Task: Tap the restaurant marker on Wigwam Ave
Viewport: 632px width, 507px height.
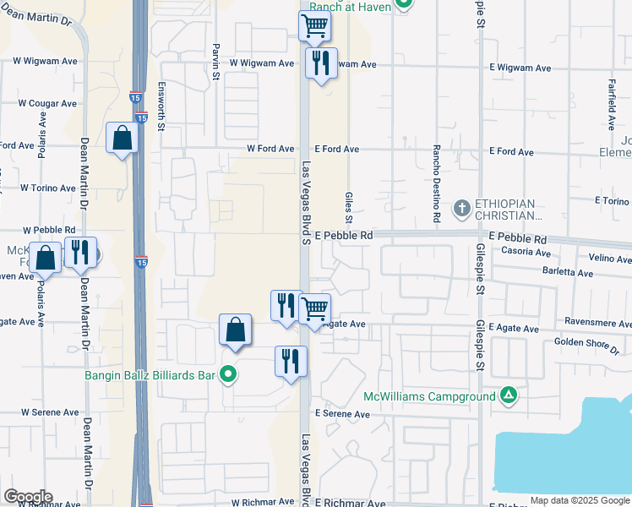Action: (x=321, y=63)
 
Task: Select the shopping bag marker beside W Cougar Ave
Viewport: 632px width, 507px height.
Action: (x=122, y=138)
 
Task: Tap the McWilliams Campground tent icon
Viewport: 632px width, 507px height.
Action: (x=509, y=395)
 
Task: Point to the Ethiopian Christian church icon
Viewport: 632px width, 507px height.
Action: (x=461, y=208)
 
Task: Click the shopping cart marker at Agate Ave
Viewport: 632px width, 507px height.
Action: (x=314, y=309)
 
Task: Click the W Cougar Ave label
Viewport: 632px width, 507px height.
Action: (x=47, y=104)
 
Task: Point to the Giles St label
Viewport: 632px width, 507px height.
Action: (x=349, y=207)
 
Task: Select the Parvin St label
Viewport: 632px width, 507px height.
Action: (x=216, y=57)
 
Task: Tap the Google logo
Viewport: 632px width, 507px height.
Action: (x=28, y=497)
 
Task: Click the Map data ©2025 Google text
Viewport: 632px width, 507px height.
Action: (x=579, y=500)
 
